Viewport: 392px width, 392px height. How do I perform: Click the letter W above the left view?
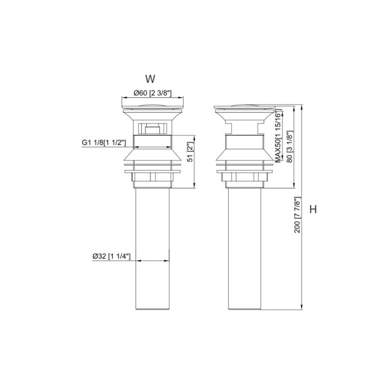tap(150, 79)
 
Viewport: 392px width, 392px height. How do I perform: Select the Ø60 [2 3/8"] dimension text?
tap(152, 94)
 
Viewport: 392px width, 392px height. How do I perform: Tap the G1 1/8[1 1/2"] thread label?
tap(104, 142)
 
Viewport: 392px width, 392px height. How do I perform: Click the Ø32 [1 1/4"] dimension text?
tap(110, 256)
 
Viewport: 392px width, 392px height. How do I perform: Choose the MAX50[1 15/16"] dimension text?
tap(277, 137)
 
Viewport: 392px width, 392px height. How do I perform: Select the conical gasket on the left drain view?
tap(152, 156)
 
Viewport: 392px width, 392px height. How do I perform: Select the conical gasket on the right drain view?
tap(245, 156)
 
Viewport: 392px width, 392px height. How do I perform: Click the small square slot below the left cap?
tap(152, 130)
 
